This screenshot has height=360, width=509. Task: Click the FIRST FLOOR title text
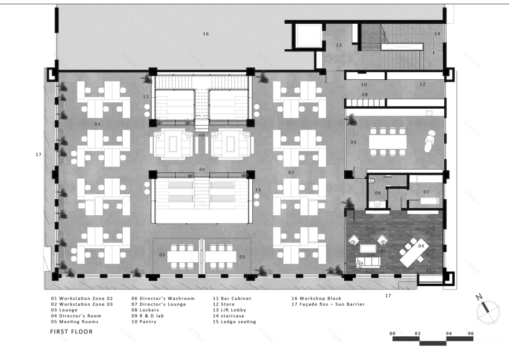click(x=71, y=332)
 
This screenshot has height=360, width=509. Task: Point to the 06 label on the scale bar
click(x=471, y=333)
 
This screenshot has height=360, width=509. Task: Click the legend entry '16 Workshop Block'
click(x=320, y=299)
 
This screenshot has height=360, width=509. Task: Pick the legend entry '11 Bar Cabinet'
click(x=232, y=299)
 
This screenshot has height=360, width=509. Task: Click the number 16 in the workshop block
click(x=205, y=34)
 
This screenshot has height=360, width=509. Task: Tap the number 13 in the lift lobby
click(x=339, y=45)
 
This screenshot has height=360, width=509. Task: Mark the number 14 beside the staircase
click(x=437, y=34)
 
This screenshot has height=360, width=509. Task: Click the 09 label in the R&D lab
click(x=353, y=142)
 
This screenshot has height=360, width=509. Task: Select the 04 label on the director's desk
click(x=421, y=247)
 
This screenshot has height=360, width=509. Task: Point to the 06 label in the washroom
click(x=378, y=193)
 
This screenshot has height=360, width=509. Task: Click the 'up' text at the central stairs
click(x=201, y=134)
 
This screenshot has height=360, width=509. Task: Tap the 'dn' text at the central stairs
click(x=201, y=169)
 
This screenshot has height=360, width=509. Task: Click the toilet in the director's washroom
click(x=371, y=181)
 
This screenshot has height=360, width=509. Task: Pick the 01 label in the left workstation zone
click(x=97, y=124)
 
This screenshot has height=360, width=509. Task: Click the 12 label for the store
click(x=422, y=85)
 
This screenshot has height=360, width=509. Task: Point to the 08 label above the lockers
click(x=364, y=94)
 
